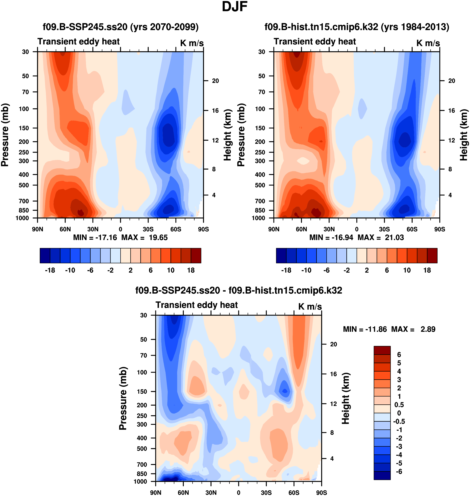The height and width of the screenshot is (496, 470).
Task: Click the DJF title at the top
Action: point(235,7)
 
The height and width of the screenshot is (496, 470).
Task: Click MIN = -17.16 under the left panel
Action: point(95,237)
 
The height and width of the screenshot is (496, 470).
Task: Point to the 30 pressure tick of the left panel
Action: point(26,52)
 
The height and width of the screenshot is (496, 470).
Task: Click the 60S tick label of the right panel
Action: point(412,229)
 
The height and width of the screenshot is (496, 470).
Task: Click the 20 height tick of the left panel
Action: point(215,81)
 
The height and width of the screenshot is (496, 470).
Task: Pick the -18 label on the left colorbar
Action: point(50,270)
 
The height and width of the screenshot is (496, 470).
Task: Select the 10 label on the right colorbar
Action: point(407,270)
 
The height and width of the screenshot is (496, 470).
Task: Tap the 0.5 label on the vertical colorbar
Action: point(399,405)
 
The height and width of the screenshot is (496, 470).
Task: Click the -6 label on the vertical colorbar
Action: point(399,472)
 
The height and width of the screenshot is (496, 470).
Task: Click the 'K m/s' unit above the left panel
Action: point(192,43)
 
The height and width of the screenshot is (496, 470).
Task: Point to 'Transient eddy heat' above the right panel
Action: point(315,42)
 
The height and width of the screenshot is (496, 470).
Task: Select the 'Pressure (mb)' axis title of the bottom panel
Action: point(123,399)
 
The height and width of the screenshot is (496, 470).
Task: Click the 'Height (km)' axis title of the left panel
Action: point(227,135)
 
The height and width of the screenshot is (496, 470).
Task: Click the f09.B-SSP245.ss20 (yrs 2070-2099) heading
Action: point(121,27)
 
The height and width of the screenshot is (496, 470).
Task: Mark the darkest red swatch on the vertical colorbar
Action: point(382,350)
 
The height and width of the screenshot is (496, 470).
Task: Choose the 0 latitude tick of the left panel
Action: point(121,229)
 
